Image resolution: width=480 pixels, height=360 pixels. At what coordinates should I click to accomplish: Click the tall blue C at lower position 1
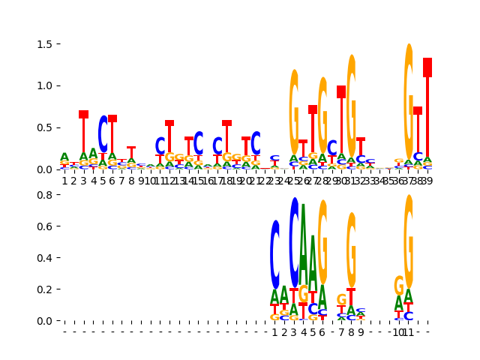coord(275,255)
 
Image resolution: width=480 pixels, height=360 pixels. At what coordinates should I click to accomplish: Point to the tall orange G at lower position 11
coord(409,240)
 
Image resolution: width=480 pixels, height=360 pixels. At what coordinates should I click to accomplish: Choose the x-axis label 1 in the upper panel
coord(64,181)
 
